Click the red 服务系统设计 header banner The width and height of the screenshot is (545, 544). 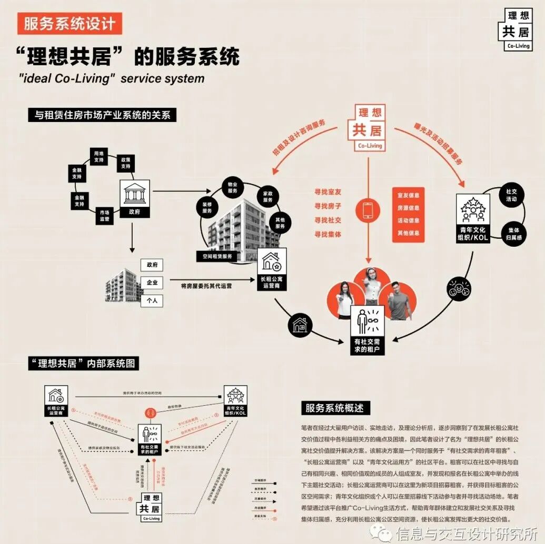(x=69, y=24)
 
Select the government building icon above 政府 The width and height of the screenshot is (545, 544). (x=135, y=195)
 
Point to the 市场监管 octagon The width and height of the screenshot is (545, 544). (x=104, y=216)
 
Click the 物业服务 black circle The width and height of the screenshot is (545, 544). (x=233, y=188)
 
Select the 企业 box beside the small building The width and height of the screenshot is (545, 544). (x=152, y=283)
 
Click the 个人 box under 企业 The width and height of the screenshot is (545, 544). (x=152, y=301)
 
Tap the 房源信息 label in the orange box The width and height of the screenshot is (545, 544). (x=408, y=208)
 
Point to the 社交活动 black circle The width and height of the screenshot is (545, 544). (x=511, y=196)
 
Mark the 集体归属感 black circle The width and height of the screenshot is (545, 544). (x=514, y=235)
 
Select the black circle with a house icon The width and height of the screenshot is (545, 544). (x=300, y=325)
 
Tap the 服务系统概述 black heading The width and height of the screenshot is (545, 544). (x=335, y=408)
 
